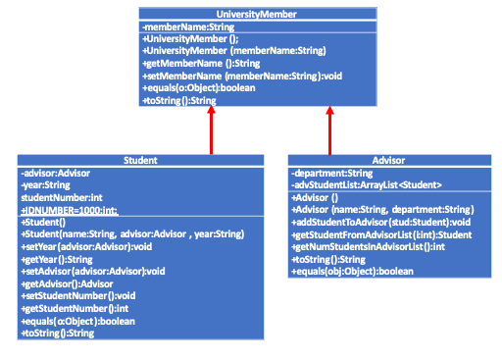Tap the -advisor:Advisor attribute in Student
[x=56, y=173]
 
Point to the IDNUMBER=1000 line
[x=69, y=210]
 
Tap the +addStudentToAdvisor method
[x=376, y=222]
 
